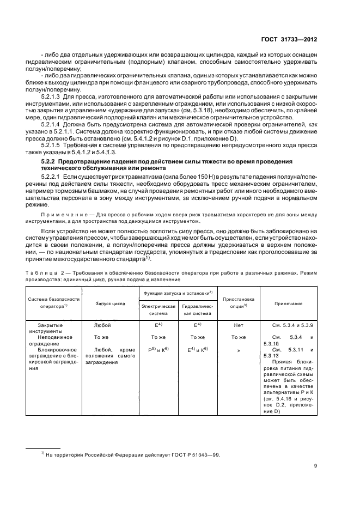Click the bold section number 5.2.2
(49, 162)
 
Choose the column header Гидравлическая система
(197, 311)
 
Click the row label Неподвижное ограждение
(52, 341)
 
